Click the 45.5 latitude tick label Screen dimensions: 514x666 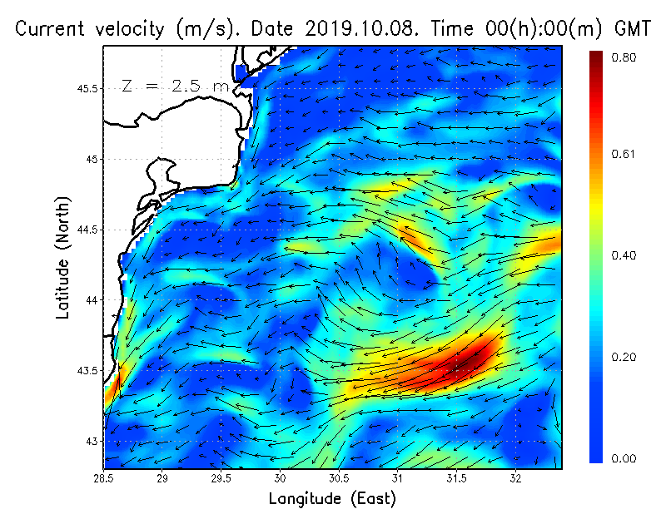[x=86, y=89]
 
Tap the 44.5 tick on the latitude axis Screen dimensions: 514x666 [x=86, y=230]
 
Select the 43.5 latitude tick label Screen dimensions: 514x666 [x=86, y=370]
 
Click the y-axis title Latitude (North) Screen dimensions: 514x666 [x=62, y=258]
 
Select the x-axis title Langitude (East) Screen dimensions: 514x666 [x=332, y=499]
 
